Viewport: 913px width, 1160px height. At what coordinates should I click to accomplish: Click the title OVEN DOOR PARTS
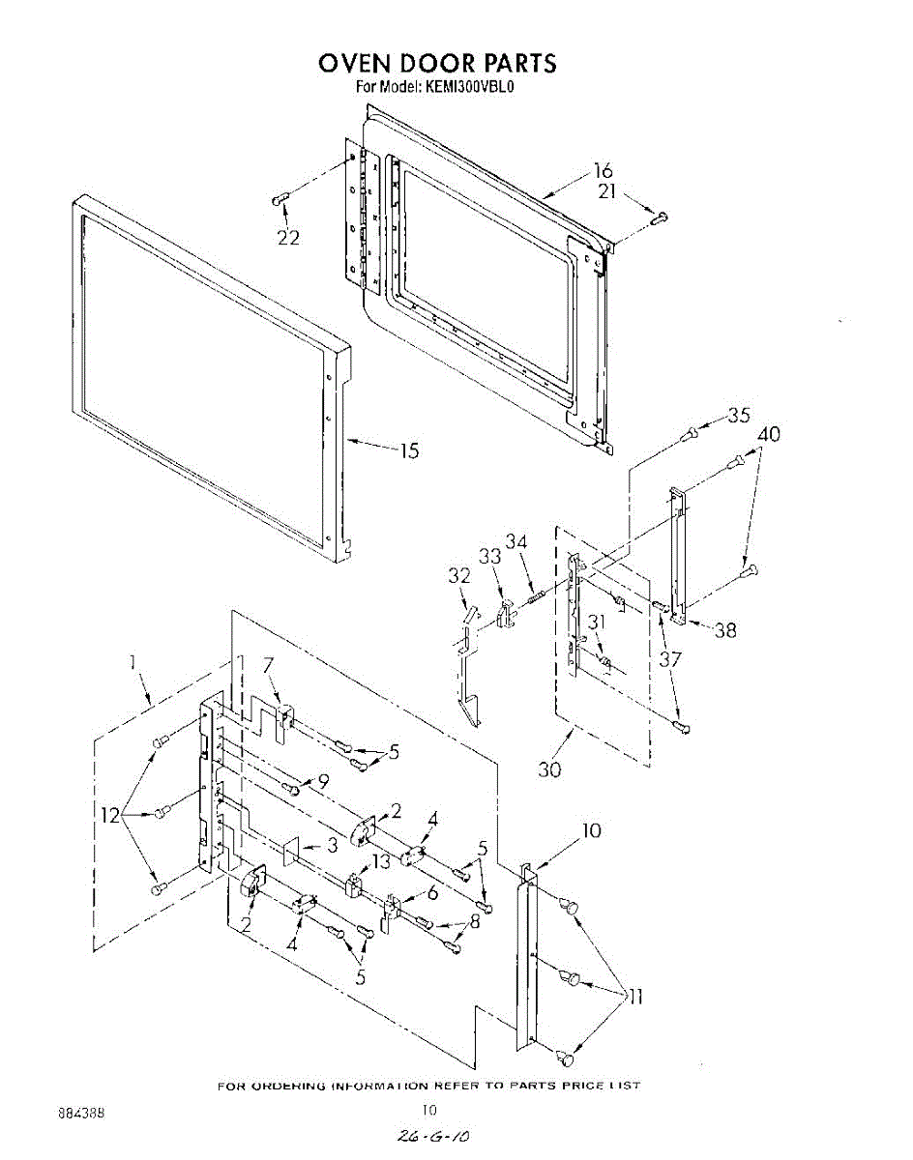pos(437,63)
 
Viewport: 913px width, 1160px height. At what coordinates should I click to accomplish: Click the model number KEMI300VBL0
pos(468,87)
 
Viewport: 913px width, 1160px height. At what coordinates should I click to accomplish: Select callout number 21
pos(606,191)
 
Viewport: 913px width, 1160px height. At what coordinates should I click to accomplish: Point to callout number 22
pos(288,238)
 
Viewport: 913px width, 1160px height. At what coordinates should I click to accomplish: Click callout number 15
pos(409,450)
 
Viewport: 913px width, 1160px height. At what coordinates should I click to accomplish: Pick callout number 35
pos(739,416)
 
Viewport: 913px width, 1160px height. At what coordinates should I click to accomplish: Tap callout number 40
pos(769,435)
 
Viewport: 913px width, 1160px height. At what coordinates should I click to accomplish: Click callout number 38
pos(724,630)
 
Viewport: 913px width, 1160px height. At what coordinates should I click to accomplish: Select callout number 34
pos(516,542)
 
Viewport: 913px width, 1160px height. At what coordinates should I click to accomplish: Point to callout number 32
pos(458,575)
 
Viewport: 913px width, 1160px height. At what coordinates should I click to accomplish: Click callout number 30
pos(549,770)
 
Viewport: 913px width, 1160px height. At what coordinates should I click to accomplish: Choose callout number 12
pos(109,816)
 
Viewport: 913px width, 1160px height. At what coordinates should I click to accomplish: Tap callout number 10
pos(591,829)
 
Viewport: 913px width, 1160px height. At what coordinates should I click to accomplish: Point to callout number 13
pos(381,861)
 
